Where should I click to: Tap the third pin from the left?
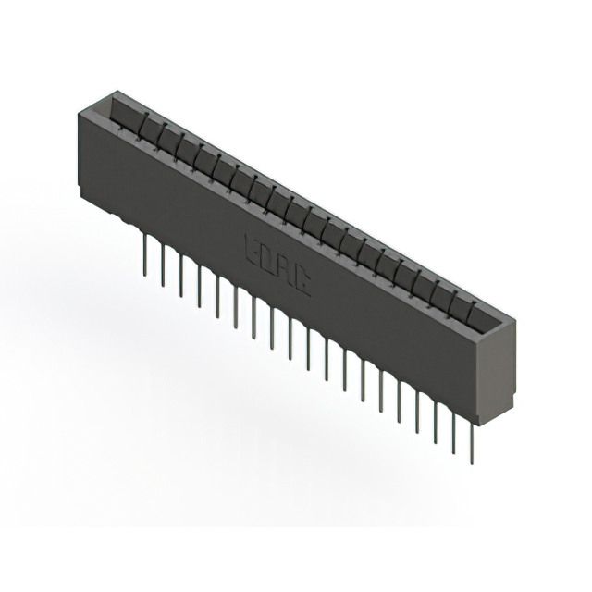181,270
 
